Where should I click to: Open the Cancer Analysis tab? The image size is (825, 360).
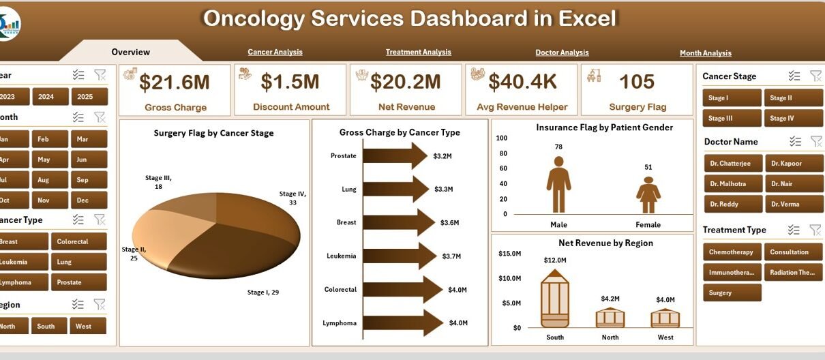pos(275,52)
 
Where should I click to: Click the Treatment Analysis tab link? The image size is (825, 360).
pos(418,52)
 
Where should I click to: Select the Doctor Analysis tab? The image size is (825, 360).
pos(562,52)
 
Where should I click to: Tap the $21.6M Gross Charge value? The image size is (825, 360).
pos(175,82)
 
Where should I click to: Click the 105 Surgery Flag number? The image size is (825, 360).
pos(637,82)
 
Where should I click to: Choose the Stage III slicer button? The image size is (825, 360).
pos(732,118)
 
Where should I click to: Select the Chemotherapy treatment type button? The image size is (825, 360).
pos(732,252)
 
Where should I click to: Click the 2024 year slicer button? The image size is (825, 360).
pos(46,97)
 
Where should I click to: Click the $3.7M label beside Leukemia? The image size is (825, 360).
pos(451,256)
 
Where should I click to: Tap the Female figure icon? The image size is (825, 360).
pos(648,195)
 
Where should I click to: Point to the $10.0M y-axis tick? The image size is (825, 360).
pos(510,278)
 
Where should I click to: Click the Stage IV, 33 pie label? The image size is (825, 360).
pos(293,198)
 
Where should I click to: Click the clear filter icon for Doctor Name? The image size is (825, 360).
pos(815,141)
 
